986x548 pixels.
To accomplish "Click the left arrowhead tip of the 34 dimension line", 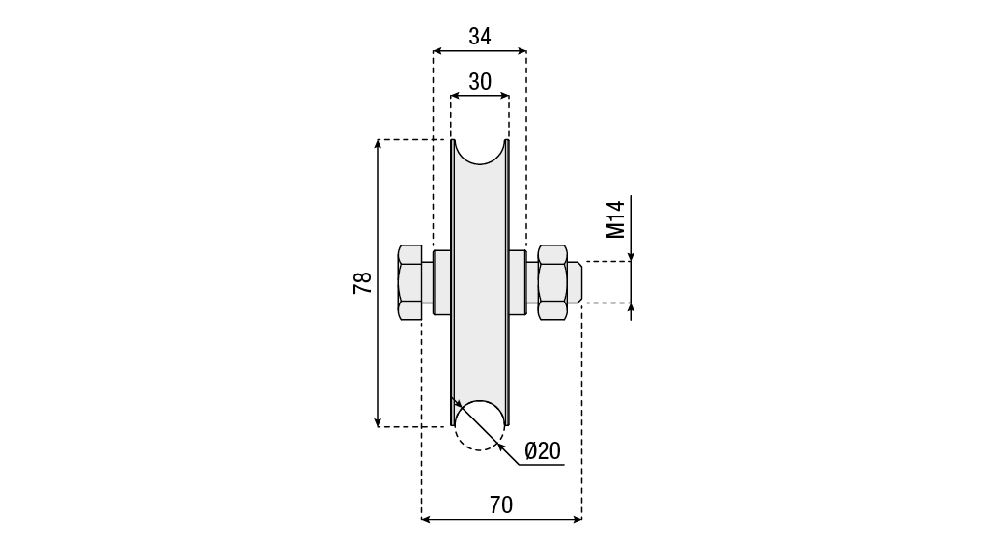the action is [434, 50].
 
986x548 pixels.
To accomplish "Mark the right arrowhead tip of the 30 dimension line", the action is [509, 96].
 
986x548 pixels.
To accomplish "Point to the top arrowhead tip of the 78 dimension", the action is [378, 140].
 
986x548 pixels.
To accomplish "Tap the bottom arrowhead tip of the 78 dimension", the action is [378, 426].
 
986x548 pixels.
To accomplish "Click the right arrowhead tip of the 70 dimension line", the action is [581, 519].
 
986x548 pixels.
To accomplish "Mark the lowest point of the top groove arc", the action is [480, 165].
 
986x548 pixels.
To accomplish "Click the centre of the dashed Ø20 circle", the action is [480, 425].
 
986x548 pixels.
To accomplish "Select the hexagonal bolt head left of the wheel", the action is [410, 282].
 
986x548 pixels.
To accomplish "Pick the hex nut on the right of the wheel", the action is [552, 282].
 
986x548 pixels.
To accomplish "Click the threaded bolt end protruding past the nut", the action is [574, 282].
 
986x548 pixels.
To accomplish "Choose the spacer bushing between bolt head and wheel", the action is [442, 282].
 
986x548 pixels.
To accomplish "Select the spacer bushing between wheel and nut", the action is [517, 282].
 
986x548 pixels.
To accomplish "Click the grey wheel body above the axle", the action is [480, 208].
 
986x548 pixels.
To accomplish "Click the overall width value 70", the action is [501, 505].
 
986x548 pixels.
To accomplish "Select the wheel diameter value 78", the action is [363, 282].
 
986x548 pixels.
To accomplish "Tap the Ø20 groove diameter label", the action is [542, 450].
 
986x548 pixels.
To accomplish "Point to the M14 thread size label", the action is [615, 219].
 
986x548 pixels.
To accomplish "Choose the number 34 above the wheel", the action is [480, 37].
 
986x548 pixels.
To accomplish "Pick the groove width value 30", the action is [480, 82].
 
